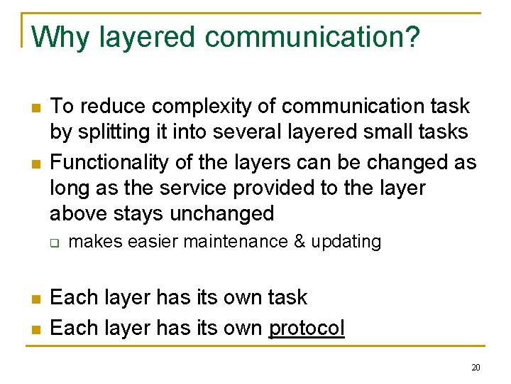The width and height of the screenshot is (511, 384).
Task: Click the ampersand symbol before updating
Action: click(299, 242)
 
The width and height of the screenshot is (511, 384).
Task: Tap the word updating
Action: click(346, 242)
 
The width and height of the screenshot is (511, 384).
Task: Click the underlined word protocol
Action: click(307, 329)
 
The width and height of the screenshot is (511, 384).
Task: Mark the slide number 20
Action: click(476, 368)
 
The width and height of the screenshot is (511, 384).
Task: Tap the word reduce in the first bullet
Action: click(101, 107)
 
